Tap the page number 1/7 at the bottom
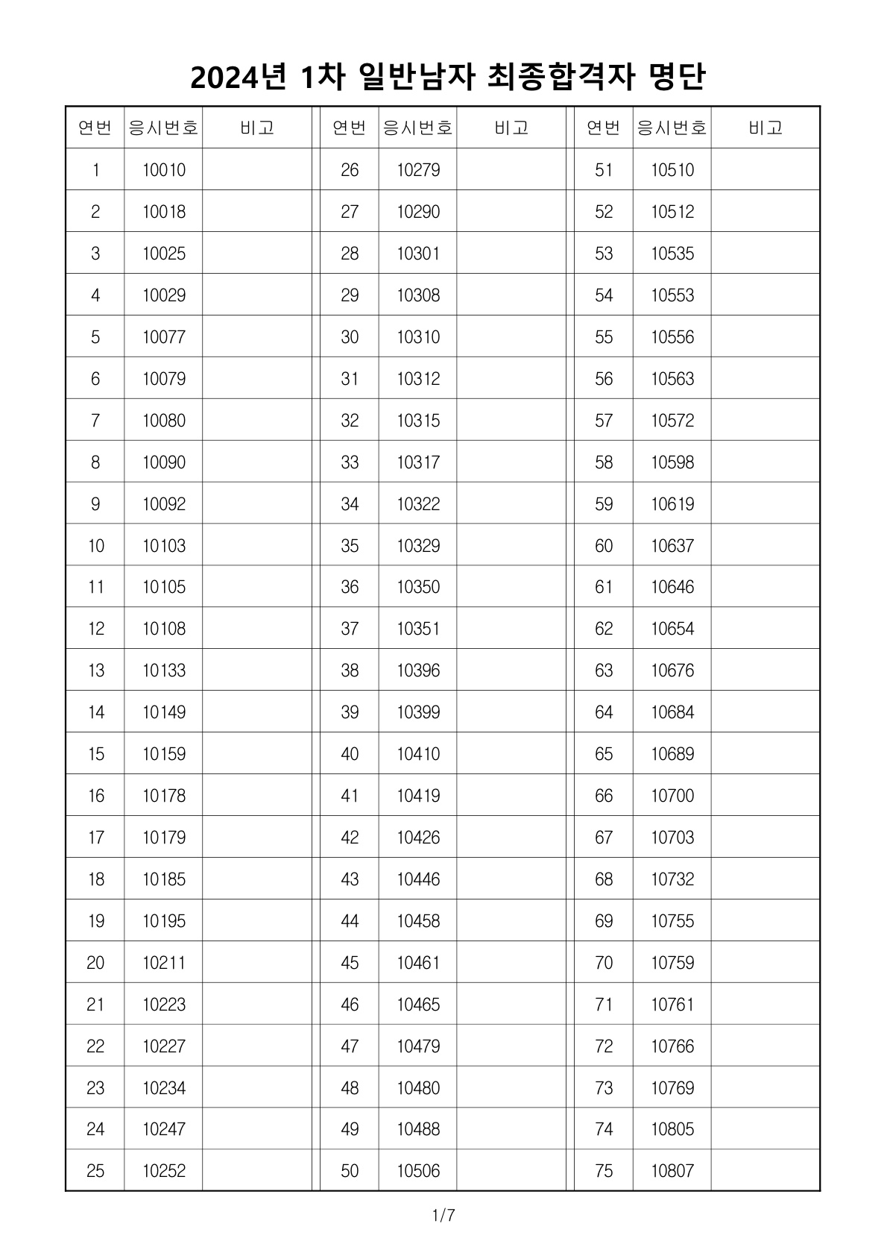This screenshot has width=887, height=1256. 443,1216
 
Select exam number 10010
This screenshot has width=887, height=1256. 164,170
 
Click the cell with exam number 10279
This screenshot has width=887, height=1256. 418,170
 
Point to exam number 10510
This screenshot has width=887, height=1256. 672,170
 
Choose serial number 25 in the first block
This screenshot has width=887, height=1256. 95,1171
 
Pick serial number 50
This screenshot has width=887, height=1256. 350,1171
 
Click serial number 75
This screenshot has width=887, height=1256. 604,1171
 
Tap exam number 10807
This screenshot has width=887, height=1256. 672,1171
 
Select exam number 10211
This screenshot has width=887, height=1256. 164,963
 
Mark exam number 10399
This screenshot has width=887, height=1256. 418,712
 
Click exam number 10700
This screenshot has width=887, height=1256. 672,796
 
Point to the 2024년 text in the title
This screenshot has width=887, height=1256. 239,77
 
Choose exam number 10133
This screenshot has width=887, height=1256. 164,671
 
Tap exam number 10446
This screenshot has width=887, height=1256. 418,879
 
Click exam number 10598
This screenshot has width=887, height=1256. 672,462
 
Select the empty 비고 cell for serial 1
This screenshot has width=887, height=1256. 257,170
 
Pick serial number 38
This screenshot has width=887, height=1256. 350,671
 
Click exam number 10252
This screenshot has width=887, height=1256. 164,1171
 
